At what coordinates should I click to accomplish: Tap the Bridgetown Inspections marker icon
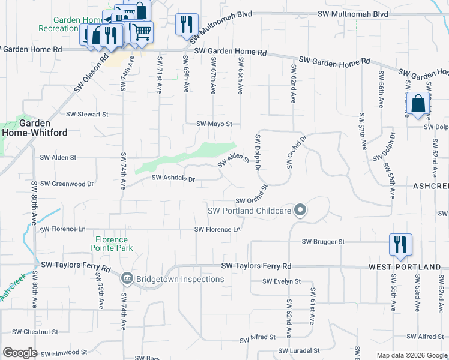point(127,278)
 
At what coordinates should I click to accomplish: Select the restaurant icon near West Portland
point(400,244)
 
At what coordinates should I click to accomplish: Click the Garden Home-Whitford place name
point(34,127)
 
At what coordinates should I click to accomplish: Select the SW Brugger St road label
point(323,242)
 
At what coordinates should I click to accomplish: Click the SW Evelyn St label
point(282,281)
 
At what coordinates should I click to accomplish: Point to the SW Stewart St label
point(87,114)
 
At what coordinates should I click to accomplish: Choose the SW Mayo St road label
point(214,124)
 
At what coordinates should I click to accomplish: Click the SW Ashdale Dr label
point(173,178)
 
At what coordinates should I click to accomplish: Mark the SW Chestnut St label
point(38,331)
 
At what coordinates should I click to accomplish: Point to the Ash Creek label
point(11,288)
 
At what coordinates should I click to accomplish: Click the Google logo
point(20,353)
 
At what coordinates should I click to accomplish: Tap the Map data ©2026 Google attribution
point(411,355)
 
